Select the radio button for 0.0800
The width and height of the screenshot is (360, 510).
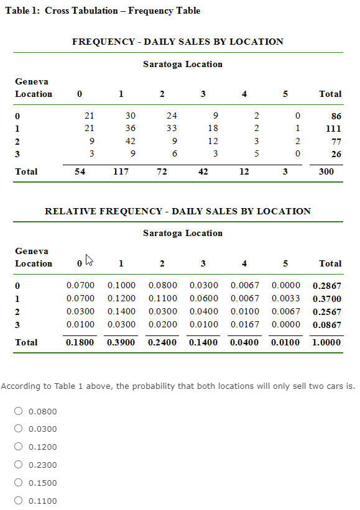[19, 411]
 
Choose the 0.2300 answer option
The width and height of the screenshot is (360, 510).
[19, 465]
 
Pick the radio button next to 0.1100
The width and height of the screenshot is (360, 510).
[19, 501]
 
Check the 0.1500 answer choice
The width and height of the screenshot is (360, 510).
[19, 483]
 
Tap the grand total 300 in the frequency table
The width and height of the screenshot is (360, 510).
[326, 171]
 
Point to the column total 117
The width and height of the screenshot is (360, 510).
[121, 171]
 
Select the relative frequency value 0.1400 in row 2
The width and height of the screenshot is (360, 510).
[121, 311]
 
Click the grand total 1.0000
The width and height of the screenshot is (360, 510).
[326, 342]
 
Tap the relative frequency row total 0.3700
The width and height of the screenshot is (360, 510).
[326, 298]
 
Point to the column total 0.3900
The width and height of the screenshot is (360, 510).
[121, 342]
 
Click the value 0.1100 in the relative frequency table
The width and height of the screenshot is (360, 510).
[162, 298]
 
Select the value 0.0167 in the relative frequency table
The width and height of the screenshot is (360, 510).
[244, 324]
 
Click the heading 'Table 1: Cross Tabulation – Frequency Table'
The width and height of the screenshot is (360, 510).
[103, 11]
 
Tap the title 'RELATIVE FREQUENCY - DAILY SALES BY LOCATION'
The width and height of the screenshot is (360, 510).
[178, 211]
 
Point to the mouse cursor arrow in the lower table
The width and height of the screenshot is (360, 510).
[89, 259]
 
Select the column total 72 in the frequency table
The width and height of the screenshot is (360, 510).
[162, 171]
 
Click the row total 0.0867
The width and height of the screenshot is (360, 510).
[326, 324]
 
